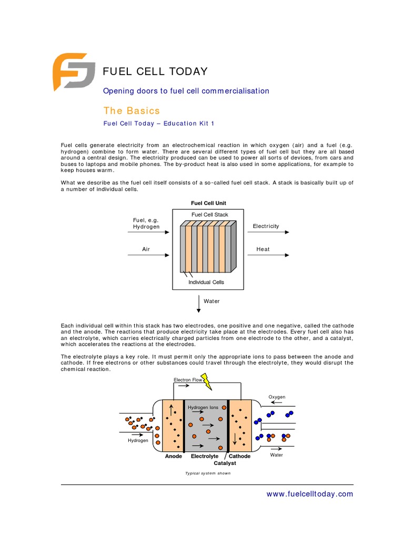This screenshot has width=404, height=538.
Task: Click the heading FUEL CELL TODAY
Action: (x=155, y=71)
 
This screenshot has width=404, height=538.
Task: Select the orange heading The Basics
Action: (x=131, y=110)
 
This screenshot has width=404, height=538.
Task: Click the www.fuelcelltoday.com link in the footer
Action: (x=310, y=494)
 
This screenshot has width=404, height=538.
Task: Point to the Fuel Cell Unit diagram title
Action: (x=208, y=203)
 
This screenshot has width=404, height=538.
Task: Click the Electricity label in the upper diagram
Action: (x=266, y=226)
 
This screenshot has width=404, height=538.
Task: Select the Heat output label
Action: (x=263, y=250)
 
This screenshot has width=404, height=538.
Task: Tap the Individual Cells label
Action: (x=206, y=282)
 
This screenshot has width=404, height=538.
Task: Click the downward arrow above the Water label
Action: (x=199, y=303)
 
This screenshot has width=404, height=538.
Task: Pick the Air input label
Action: (x=146, y=250)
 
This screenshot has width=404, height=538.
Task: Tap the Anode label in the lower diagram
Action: (x=173, y=456)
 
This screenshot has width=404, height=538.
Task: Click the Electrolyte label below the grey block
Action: (x=205, y=456)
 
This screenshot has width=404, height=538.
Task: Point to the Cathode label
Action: (x=239, y=456)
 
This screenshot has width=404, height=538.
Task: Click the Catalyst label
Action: (x=225, y=463)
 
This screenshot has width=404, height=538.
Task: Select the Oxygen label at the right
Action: (x=277, y=397)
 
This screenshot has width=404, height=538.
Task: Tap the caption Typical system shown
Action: (x=208, y=473)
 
